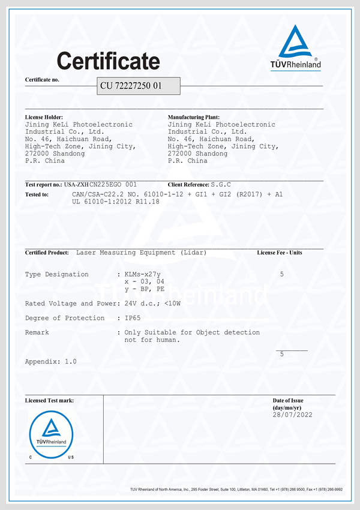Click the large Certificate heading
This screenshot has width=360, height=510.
(108, 61)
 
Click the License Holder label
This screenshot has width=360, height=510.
(44, 117)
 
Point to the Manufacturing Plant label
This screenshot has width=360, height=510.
(194, 117)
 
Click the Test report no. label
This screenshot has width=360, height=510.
(44, 185)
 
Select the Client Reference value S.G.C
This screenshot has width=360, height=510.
(221, 185)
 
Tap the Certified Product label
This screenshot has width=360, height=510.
(47, 253)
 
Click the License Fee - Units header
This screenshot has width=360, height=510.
(280, 253)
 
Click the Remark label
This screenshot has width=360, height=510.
(37, 332)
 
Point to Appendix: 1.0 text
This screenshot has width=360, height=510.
(51, 362)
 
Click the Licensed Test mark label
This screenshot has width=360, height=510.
(49, 400)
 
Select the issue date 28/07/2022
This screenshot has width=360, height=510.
(292, 415)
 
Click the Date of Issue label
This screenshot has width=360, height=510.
(288, 400)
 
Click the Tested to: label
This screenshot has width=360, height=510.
(37, 194)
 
